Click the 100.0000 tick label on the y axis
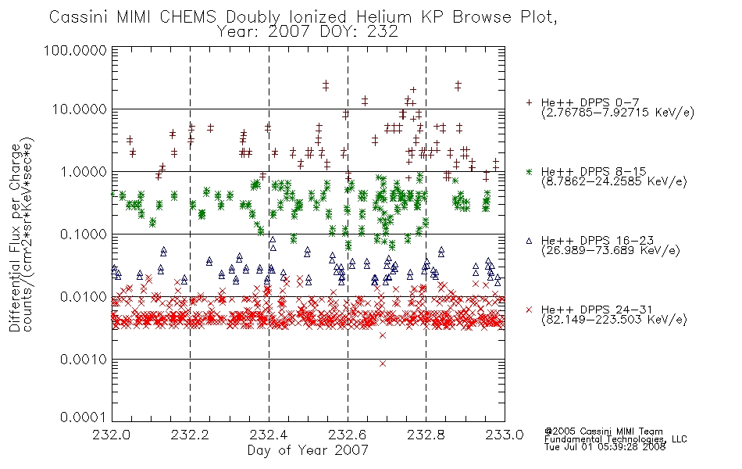click(75, 50)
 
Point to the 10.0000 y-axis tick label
click(80, 109)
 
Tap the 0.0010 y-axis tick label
click(84, 360)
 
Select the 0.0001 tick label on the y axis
click(84, 417)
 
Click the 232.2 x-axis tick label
click(190, 435)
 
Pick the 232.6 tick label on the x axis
click(348, 435)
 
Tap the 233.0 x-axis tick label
click(505, 435)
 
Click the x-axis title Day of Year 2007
click(308, 450)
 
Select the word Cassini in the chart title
click(80, 17)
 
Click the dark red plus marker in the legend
click(529, 102)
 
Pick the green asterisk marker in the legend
click(529, 171)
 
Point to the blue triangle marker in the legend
click(529, 241)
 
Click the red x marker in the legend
click(529, 310)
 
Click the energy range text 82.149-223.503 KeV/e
click(614, 320)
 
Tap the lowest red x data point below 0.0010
click(383, 363)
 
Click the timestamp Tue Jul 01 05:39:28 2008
click(605, 447)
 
